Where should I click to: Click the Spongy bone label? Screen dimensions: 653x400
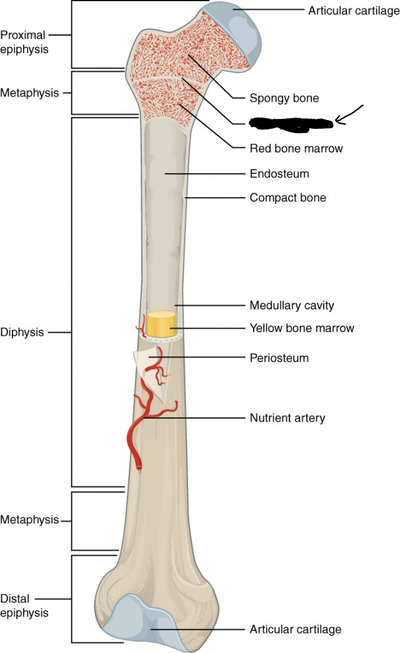click(284, 98)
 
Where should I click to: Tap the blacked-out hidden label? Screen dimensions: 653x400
click(291, 123)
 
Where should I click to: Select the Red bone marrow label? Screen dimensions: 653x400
click(296, 148)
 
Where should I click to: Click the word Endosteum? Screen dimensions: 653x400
click(279, 173)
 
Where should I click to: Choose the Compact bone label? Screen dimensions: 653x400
click(287, 198)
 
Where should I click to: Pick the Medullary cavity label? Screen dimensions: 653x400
click(291, 306)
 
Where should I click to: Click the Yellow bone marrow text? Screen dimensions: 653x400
click(301, 328)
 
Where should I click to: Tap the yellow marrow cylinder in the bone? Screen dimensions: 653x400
click(161, 325)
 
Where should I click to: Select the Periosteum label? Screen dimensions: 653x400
click(279, 358)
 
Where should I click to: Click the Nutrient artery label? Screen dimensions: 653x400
click(287, 418)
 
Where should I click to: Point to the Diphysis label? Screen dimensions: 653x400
click(22, 332)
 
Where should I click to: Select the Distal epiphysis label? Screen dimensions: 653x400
click(24, 606)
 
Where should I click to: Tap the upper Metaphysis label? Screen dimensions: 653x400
click(29, 93)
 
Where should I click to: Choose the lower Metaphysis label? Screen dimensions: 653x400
click(29, 520)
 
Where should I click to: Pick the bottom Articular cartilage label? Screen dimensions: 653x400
click(295, 629)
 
